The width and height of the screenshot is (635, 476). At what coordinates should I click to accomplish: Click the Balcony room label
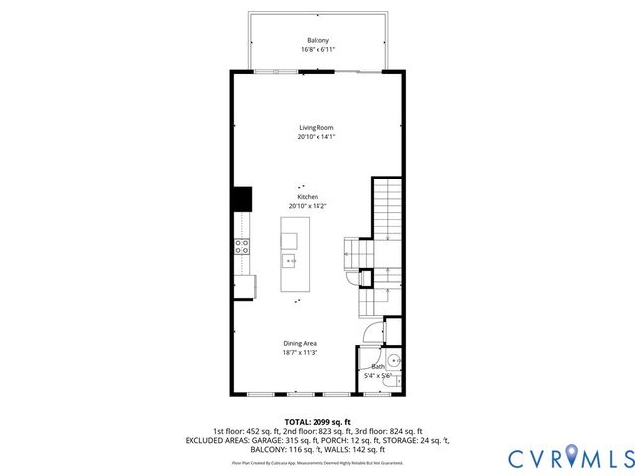click(317, 40)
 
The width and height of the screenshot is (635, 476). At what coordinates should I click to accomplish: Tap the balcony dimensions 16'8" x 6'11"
click(317, 49)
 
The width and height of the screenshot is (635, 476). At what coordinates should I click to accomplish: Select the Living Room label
click(317, 128)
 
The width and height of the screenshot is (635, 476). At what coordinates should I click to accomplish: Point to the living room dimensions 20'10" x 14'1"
click(317, 137)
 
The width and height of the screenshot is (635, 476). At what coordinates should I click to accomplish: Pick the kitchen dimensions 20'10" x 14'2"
click(308, 206)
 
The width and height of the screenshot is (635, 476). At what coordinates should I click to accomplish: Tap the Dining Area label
click(300, 343)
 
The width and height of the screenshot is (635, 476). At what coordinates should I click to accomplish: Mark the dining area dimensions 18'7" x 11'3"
click(300, 352)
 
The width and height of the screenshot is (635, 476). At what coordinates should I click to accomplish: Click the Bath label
click(378, 367)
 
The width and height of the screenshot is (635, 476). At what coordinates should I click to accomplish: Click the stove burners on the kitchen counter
click(240, 248)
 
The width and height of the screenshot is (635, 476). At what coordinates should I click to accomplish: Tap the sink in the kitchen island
click(290, 262)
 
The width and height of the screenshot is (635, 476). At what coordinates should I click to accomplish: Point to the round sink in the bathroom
click(393, 360)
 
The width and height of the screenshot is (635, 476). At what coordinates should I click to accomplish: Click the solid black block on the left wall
click(241, 199)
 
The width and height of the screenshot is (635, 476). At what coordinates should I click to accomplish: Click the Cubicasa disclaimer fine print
click(317, 462)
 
